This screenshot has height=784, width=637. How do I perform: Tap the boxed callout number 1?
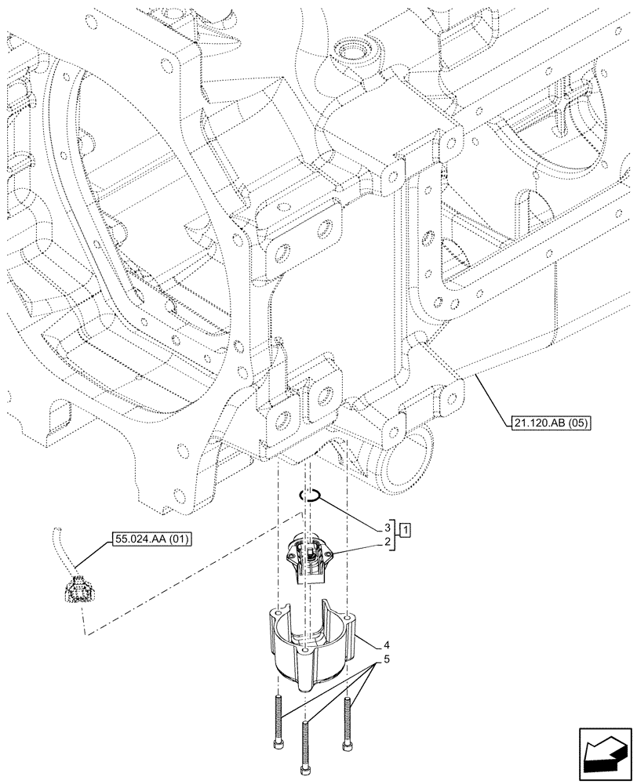(405, 531)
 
